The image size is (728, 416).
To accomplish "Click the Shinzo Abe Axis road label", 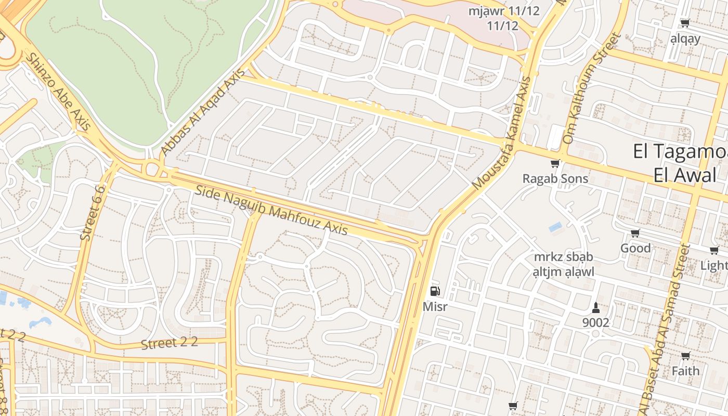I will tap(58, 91).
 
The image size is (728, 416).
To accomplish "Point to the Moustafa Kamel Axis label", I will tap(502, 134).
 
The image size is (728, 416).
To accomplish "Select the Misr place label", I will tap(435, 306).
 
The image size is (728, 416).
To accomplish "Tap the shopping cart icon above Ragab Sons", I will tap(555, 164).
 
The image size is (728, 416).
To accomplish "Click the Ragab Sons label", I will tap(555, 178).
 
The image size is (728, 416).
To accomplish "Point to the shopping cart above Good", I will tap(635, 233).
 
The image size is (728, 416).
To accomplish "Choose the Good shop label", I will tap(635, 248).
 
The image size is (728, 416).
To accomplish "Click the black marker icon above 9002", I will tap(595, 307).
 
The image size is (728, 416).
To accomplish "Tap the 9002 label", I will tap(595, 322).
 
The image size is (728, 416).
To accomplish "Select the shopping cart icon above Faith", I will tap(685, 356).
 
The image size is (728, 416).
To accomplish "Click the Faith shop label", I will tap(685, 371).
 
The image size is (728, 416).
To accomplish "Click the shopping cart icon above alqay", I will tap(685, 23).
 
